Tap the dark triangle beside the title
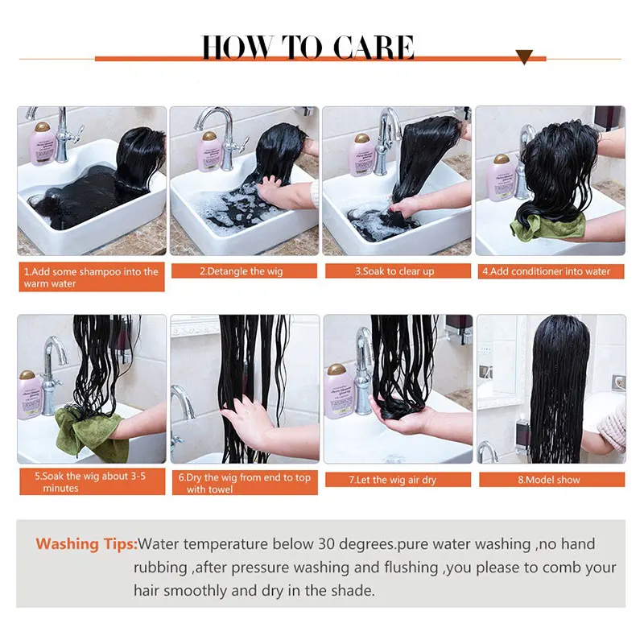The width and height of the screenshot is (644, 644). click(x=524, y=57)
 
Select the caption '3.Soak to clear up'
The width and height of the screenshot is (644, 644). click(x=394, y=271)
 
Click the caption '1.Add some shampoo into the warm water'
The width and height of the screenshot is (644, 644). click(x=91, y=278)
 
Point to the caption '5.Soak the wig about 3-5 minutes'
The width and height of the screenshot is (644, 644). click(x=91, y=481)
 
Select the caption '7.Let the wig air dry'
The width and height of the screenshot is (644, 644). click(x=394, y=480)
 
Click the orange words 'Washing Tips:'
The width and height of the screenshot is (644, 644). click(x=87, y=544)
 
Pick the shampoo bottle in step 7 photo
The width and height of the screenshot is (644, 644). click(x=338, y=390)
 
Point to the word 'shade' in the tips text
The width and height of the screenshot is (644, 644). click(x=351, y=590)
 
